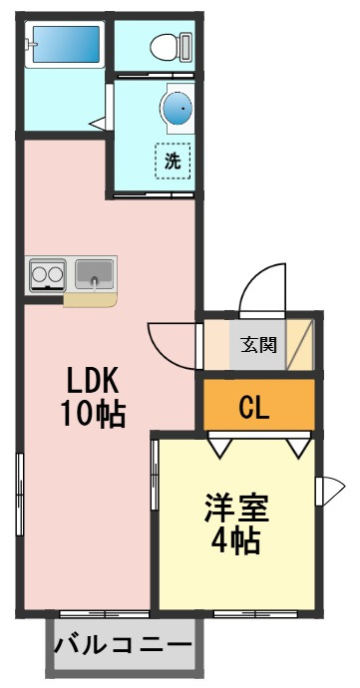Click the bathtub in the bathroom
click(65, 44)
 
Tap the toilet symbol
click(172, 45)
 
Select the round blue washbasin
click(178, 108)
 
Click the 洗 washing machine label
click(173, 162)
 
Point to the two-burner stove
click(47, 275)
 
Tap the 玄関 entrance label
click(258, 344)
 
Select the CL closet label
click(253, 407)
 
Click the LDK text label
click(93, 381)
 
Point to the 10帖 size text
click(93, 414)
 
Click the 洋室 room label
click(236, 508)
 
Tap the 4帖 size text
click(235, 541)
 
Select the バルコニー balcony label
click(124, 645)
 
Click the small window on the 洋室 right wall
click(330, 490)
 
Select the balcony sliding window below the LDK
click(104, 614)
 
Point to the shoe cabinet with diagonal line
click(300, 344)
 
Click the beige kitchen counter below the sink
click(91, 300)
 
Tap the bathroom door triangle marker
click(99, 124)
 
